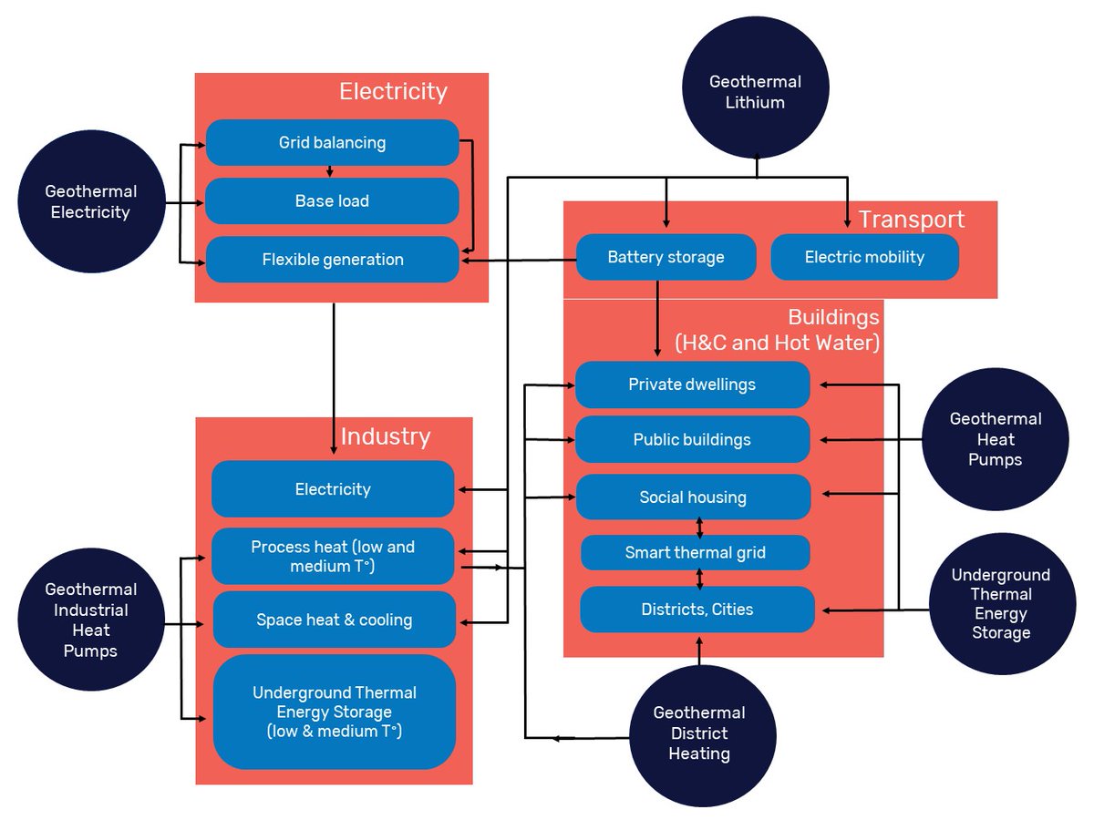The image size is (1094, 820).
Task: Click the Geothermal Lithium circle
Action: pyautogui.click(x=755, y=91)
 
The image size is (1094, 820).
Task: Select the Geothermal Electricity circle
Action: pyautogui.click(x=91, y=202)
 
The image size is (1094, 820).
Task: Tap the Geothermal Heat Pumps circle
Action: pyautogui.click(x=996, y=439)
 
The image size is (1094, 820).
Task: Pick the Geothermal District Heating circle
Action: pyautogui.click(x=699, y=733)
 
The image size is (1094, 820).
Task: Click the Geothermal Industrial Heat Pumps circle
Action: pyautogui.click(x=91, y=620)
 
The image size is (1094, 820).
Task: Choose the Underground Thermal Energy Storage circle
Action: pyautogui.click(x=1000, y=603)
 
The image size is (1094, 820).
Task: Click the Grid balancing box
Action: pyautogui.click(x=332, y=143)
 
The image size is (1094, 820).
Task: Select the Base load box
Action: pyautogui.click(x=332, y=201)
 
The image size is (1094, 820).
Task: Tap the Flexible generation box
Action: pyautogui.click(x=332, y=260)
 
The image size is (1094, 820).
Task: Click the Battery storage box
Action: pyautogui.click(x=666, y=257)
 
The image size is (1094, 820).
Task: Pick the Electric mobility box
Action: pyautogui.click(x=864, y=257)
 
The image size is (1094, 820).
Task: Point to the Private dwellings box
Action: pyautogui.click(x=692, y=384)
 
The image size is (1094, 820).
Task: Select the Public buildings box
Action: pyautogui.click(x=692, y=440)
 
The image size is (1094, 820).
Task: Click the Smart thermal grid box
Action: pyautogui.click(x=695, y=552)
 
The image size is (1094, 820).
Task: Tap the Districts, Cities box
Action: pyautogui.click(x=697, y=610)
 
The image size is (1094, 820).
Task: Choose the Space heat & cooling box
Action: pyautogui.click(x=334, y=620)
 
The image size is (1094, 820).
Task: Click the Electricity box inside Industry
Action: pyautogui.click(x=333, y=489)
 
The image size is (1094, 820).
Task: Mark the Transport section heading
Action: pyautogui.click(x=911, y=220)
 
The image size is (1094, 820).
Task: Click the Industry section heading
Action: pyautogui.click(x=385, y=436)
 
